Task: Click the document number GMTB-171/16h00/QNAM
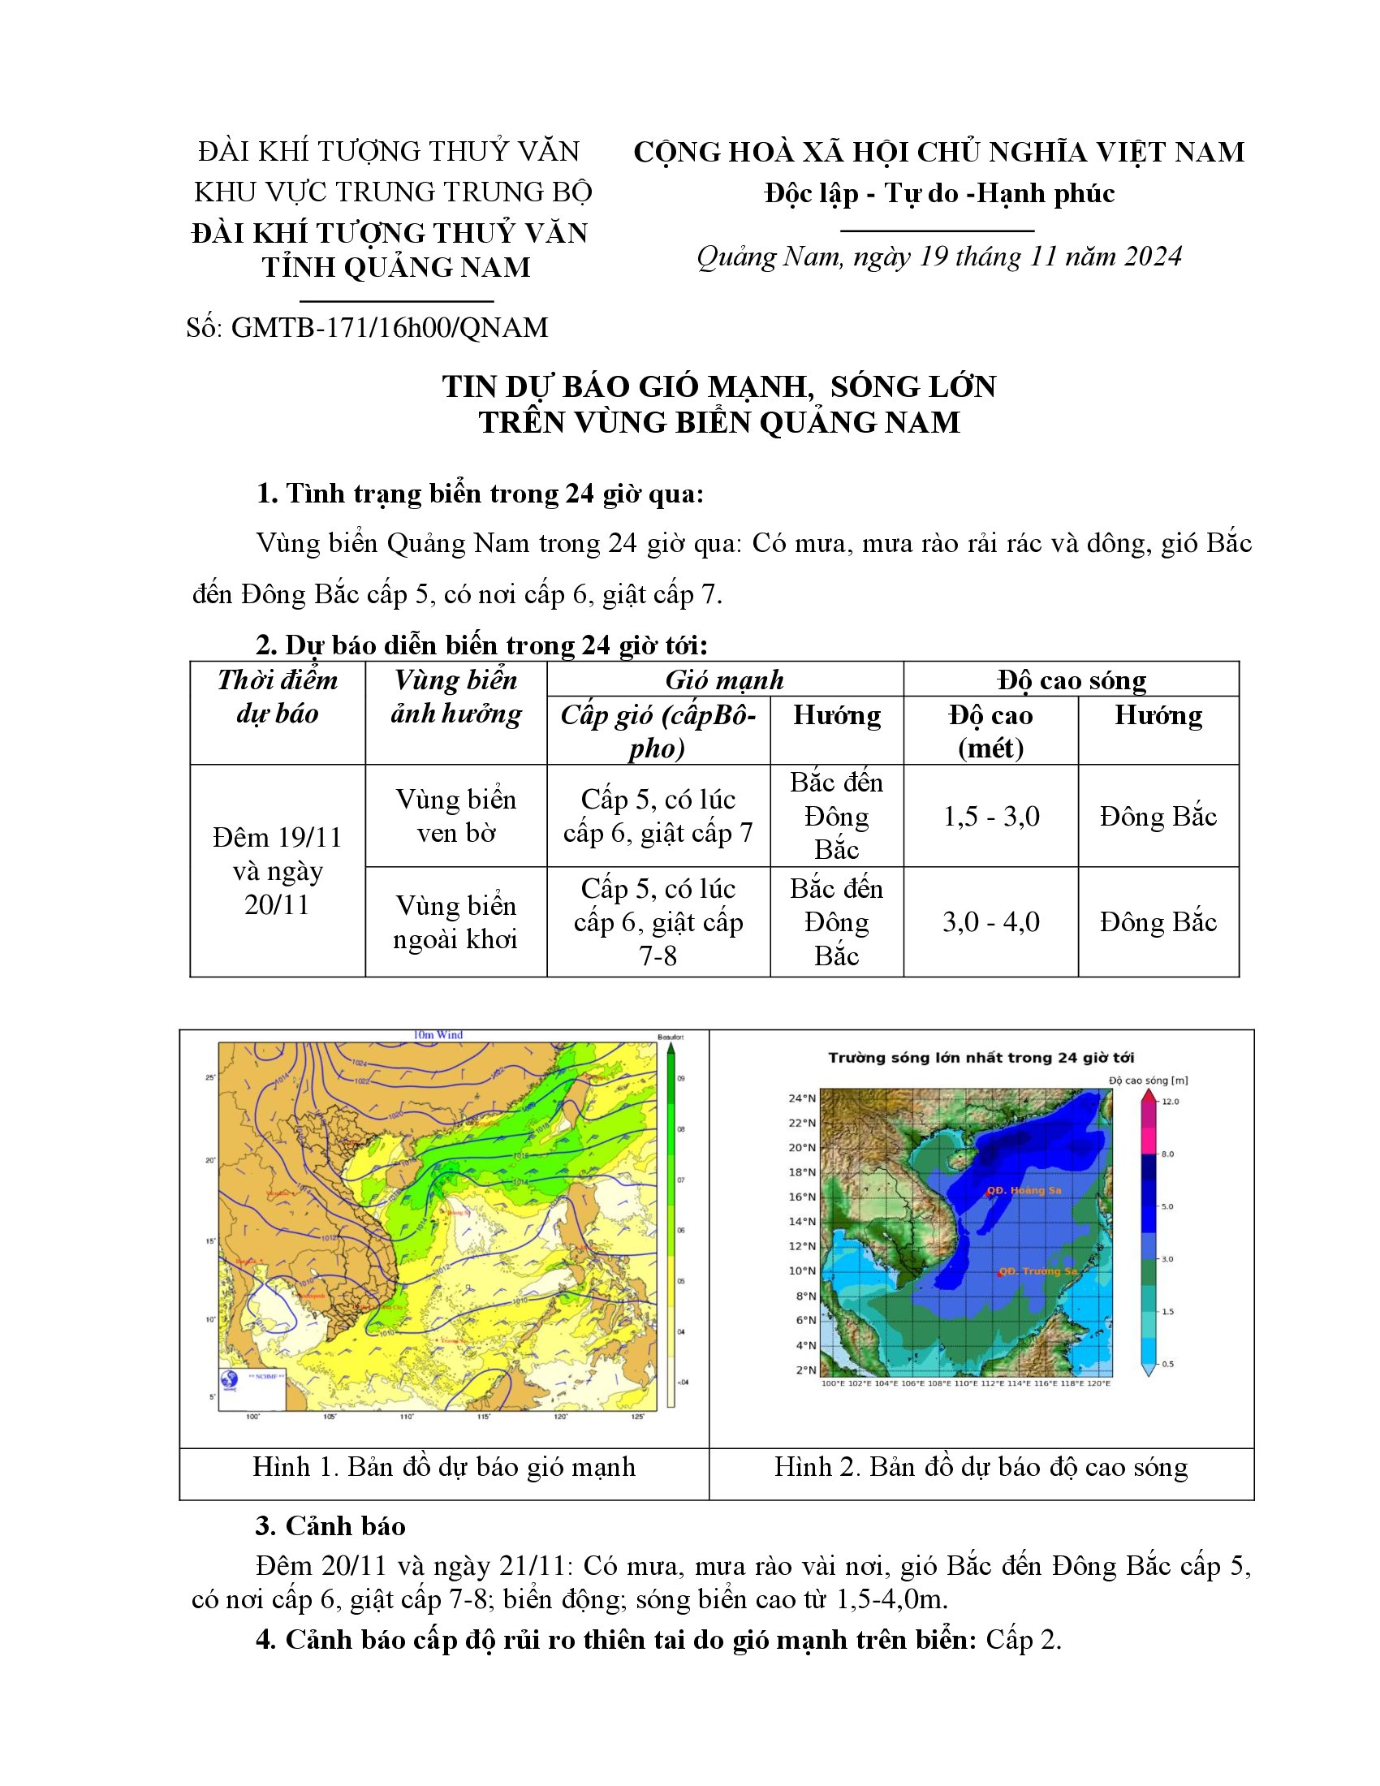(389, 328)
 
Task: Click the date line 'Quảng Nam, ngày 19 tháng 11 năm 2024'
(938, 257)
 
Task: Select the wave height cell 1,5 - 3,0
(991, 816)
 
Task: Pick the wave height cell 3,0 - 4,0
(991, 922)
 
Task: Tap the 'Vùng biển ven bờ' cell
(456, 816)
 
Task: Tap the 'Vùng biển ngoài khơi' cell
(456, 922)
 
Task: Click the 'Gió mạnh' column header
(724, 679)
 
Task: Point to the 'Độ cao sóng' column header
(1071, 679)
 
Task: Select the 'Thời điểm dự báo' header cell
(277, 697)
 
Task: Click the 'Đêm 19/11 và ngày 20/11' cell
(277, 871)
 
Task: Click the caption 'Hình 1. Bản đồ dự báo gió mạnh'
(444, 1467)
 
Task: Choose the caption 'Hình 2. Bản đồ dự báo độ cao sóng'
(981, 1467)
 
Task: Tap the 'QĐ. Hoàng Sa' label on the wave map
(1024, 1191)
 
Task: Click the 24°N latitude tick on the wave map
(801, 1098)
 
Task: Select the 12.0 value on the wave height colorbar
(1171, 1102)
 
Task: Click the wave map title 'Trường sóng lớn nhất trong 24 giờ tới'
(981, 1058)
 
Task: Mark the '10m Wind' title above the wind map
(438, 1035)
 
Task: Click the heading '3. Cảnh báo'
(330, 1526)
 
